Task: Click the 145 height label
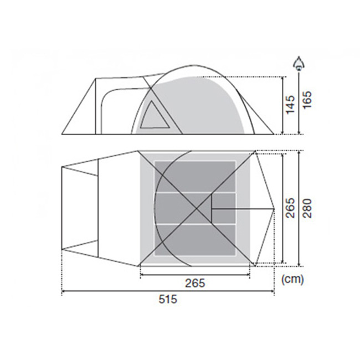[x=290, y=105]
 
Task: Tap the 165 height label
[x=307, y=100]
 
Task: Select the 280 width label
[x=307, y=208]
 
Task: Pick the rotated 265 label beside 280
[x=290, y=208]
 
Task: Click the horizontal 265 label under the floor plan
[x=195, y=283]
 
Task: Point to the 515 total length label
[x=168, y=300]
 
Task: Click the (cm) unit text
[x=292, y=279]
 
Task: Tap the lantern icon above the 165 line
[x=299, y=63]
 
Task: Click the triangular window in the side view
[x=153, y=117]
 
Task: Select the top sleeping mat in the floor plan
[x=195, y=176]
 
